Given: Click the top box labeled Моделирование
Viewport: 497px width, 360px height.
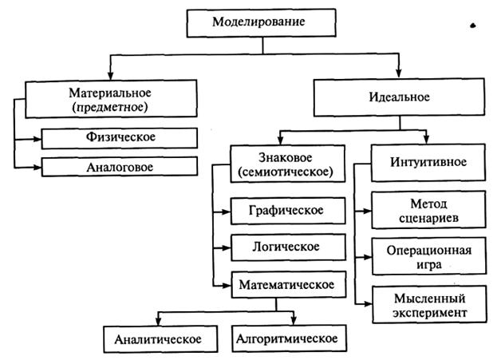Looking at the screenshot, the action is click(261, 23).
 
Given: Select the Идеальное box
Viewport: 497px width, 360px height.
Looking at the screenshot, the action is click(399, 97).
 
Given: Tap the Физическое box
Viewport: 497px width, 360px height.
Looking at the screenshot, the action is click(120, 138).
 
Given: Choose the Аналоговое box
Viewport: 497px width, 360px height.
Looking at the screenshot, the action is click(120, 167).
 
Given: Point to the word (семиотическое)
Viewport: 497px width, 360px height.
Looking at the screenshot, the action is click(286, 172).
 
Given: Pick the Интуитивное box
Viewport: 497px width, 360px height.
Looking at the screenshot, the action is click(428, 162).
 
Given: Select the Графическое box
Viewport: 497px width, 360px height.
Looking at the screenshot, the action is click(288, 211).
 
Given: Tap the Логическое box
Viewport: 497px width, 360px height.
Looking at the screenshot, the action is click(288, 247).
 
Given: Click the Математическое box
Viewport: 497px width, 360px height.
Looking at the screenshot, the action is click(289, 284).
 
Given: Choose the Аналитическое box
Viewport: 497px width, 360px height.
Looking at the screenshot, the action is click(160, 339).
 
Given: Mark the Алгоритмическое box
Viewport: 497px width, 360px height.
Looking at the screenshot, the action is click(289, 338).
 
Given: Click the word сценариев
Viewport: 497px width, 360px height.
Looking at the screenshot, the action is click(428, 218).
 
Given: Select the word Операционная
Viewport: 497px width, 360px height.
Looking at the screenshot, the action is click(429, 251).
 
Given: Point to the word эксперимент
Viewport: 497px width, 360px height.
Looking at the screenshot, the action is click(430, 313).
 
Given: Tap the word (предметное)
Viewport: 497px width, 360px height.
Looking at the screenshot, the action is click(110, 107).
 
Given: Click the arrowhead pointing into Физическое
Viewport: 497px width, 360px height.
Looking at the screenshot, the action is click(37, 139).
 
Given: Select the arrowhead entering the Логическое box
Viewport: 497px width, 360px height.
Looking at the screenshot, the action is click(227, 247).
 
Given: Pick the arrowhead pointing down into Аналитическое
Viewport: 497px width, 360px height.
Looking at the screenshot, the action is click(158, 322).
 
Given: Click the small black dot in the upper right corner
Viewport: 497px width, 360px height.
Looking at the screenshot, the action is click(473, 26).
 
